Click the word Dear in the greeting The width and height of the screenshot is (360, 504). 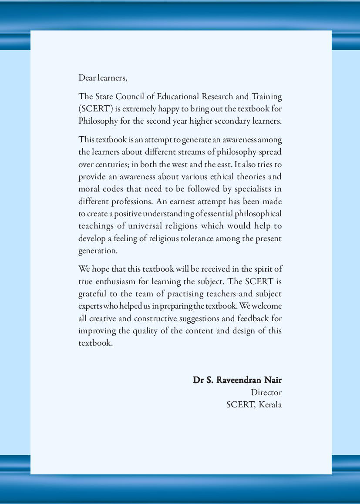[87, 78]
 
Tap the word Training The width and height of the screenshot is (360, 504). [267, 96]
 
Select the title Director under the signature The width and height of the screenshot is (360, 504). [266, 392]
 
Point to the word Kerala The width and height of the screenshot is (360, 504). [270, 404]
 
